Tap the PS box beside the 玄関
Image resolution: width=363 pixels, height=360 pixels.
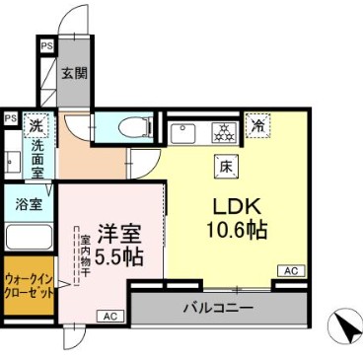coord(46,45)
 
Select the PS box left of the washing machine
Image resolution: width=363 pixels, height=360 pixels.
coord(9,118)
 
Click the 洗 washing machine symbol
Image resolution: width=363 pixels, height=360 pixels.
coord(35,125)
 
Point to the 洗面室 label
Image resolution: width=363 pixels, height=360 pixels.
coord(36,158)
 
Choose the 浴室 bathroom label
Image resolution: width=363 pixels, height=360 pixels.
coord(28,205)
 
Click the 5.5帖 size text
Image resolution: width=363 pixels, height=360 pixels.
coord(118,257)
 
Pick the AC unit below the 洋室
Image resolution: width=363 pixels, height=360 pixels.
coord(109,316)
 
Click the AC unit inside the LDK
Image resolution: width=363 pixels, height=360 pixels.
coord(291,270)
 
